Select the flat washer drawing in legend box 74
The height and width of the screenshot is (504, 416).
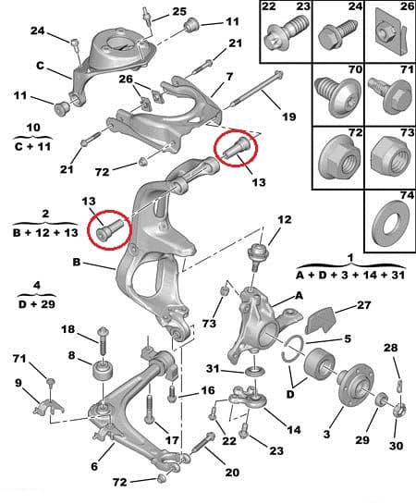tap(386, 224)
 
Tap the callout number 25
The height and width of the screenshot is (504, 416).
tap(178, 12)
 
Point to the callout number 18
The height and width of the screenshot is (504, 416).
tap(67, 330)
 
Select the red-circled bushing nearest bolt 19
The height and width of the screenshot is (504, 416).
tap(235, 148)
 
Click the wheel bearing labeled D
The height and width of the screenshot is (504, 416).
tap(313, 365)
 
